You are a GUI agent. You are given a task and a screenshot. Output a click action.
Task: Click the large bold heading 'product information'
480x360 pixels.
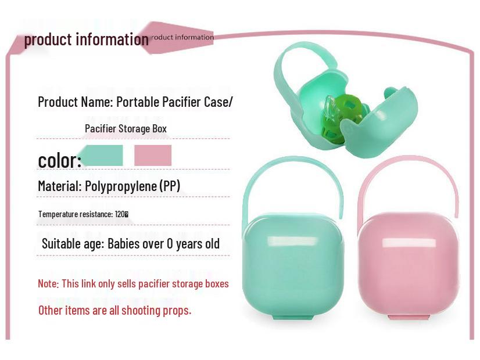pyautogui.click(x=86, y=39)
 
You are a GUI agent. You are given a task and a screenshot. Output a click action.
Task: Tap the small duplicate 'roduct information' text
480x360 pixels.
pyautogui.click(x=182, y=37)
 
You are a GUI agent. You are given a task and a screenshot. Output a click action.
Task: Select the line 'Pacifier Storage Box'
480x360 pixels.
pyautogui.click(x=126, y=128)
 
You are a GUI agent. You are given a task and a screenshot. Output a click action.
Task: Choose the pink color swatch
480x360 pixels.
pyautogui.click(x=153, y=156)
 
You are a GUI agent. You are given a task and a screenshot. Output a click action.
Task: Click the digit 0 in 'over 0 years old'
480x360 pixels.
pyautogui.click(x=170, y=244)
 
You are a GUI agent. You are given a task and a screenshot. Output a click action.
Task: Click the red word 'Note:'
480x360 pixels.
pyautogui.click(x=48, y=284)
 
